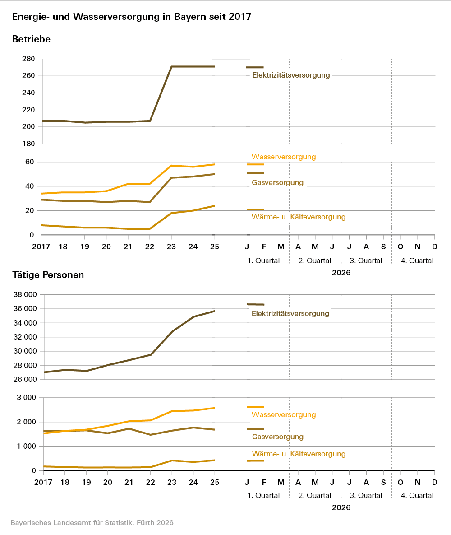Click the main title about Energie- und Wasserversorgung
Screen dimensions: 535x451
pyautogui.click(x=132, y=17)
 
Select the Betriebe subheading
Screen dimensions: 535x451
pyautogui.click(x=31, y=39)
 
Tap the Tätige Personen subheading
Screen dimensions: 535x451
pyautogui.click(x=48, y=275)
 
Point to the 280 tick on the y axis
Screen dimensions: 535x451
pyautogui.click(x=28, y=59)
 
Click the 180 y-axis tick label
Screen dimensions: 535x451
pyautogui.click(x=28, y=144)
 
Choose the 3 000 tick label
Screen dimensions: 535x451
pyautogui.click(x=26, y=398)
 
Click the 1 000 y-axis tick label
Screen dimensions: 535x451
pyautogui.click(x=26, y=447)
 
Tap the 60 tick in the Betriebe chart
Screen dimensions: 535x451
pyautogui.click(x=30, y=162)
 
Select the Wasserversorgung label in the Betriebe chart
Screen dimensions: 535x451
pyautogui.click(x=284, y=157)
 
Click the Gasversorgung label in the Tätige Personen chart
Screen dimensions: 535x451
pyautogui.click(x=278, y=437)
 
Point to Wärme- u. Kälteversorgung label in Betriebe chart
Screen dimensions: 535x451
pyautogui.click(x=299, y=217)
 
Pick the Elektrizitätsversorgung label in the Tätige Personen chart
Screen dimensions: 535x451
pyautogui.click(x=290, y=313)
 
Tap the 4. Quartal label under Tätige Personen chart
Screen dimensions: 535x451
pyautogui.click(x=417, y=496)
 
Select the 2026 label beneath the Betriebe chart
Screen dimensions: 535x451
pyautogui.click(x=341, y=273)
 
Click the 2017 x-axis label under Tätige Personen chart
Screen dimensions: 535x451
pyautogui.click(x=43, y=482)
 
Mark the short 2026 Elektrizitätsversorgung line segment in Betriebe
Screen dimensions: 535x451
pyautogui.click(x=255, y=67)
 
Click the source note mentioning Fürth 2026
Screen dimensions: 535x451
pyautogui.click(x=92, y=523)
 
